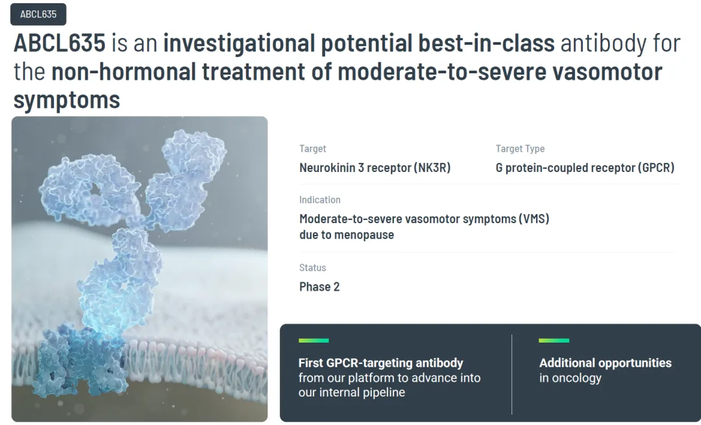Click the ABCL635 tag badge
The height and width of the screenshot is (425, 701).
38,14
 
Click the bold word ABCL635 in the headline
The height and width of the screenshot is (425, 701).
60,43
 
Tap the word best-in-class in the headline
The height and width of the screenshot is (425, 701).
486,43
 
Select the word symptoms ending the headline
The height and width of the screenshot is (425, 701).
67,100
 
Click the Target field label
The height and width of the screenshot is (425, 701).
312,149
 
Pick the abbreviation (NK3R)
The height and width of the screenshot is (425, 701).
432,167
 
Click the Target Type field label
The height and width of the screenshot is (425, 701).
520,149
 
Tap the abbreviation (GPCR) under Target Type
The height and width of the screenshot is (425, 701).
656,167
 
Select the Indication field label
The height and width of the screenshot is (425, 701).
319,200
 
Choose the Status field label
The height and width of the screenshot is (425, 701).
312,268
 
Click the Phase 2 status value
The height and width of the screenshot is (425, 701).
319,287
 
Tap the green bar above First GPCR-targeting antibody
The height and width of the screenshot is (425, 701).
314,341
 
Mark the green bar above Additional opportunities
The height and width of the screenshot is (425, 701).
554,341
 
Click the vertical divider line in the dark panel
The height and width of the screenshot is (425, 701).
512,374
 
